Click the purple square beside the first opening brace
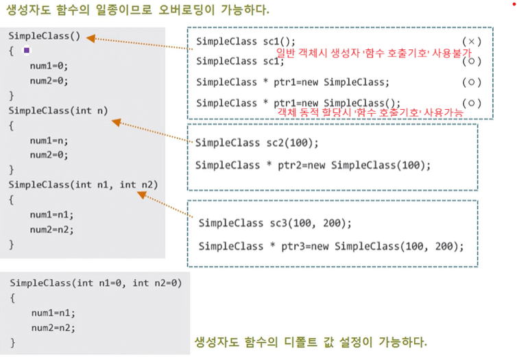pyautogui.click(x=27, y=50)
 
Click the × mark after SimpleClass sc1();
pyautogui.click(x=469, y=41)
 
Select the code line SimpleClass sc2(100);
pyautogui.click(x=257, y=143)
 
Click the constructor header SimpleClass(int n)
pyautogui.click(x=58, y=110)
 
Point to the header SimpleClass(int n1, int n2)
pyautogui.click(x=84, y=184)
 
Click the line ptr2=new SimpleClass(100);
pyautogui.click(x=313, y=165)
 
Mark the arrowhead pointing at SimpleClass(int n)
pyautogui.click(x=116, y=123)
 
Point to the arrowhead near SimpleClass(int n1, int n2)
pyautogui.click(x=142, y=195)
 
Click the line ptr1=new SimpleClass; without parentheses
pyautogui.click(x=293, y=82)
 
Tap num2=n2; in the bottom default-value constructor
pyautogui.click(x=52, y=327)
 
